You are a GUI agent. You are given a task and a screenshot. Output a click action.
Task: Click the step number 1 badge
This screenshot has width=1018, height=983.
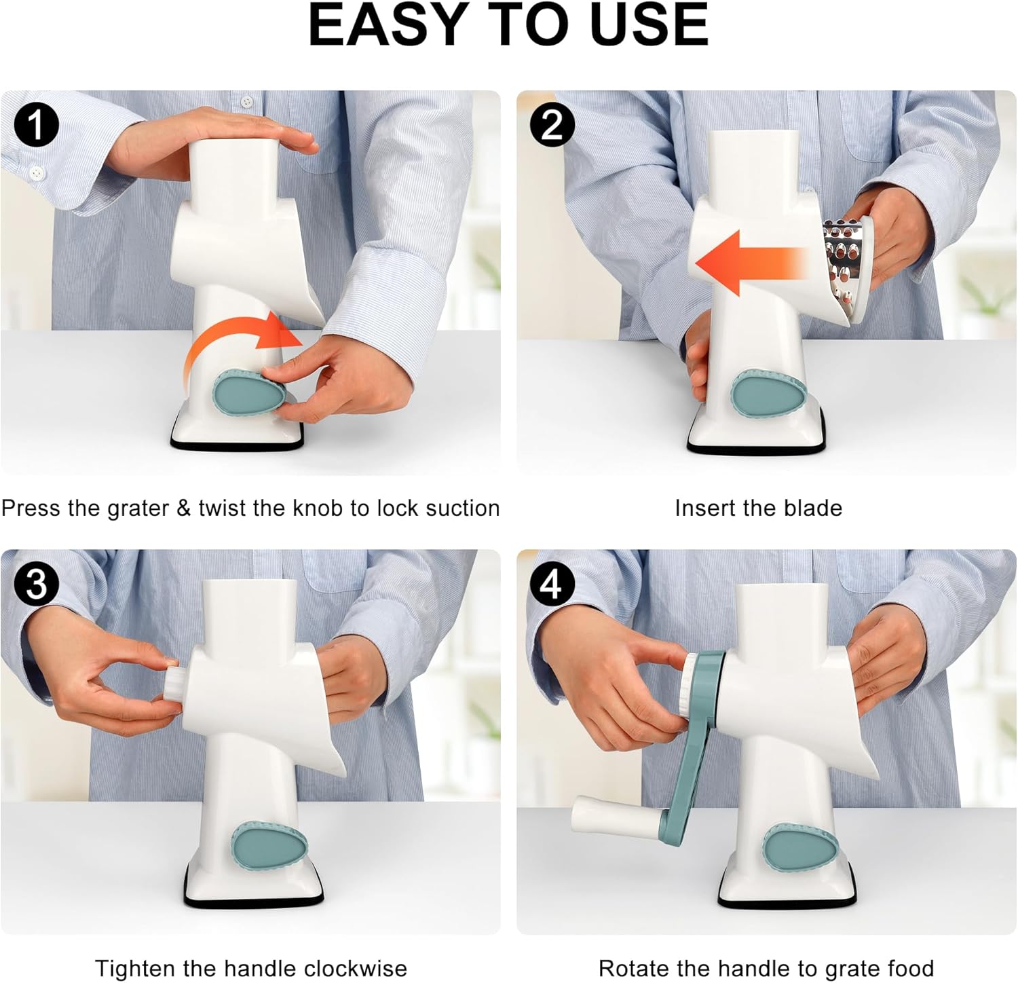(36, 126)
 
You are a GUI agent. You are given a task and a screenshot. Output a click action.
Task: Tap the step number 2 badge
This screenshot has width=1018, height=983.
(552, 126)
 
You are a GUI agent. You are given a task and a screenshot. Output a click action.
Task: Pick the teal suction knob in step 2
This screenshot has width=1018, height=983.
(768, 393)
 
